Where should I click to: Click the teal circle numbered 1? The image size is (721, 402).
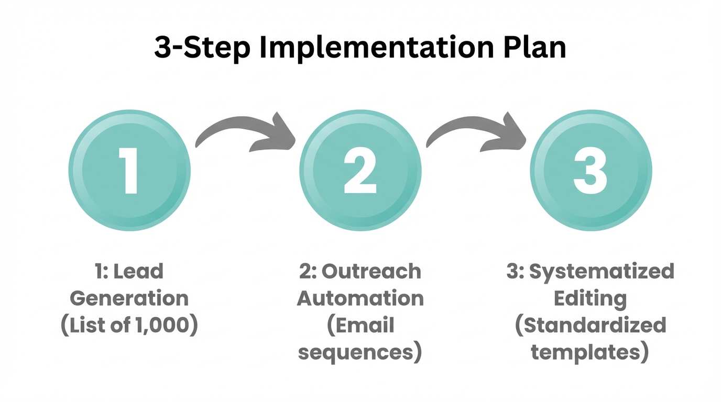129,170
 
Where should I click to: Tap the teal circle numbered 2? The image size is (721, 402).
360,170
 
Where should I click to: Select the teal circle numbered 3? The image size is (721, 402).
591,170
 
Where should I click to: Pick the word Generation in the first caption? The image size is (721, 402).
129,298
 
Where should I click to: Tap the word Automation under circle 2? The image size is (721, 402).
360,298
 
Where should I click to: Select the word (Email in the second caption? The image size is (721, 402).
360,326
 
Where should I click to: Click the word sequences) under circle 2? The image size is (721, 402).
360,353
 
